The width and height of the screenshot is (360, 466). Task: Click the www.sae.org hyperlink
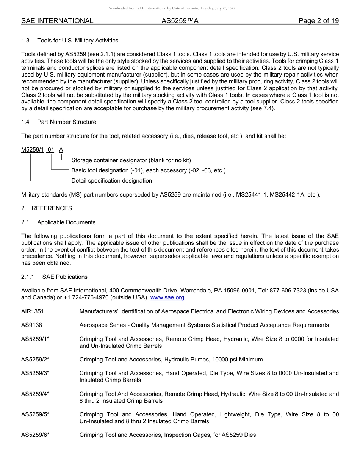(x=167, y=297)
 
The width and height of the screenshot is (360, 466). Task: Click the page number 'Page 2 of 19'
(x=318, y=21)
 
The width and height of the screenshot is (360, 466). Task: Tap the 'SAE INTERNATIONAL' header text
(x=57, y=21)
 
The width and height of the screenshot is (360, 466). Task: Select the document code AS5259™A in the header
(x=180, y=21)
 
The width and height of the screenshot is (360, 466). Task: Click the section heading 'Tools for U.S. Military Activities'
(x=78, y=41)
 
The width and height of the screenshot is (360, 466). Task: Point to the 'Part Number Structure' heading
(x=67, y=122)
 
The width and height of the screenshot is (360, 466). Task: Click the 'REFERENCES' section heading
(x=52, y=208)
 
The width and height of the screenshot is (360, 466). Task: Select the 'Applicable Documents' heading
(x=66, y=222)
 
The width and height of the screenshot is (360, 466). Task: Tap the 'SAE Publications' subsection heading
(x=65, y=277)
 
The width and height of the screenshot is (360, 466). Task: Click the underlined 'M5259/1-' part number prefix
(x=33, y=150)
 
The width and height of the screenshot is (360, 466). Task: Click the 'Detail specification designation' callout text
(x=112, y=181)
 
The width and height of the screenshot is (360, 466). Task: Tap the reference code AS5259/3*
(x=35, y=373)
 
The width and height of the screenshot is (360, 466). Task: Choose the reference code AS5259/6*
(x=35, y=435)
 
